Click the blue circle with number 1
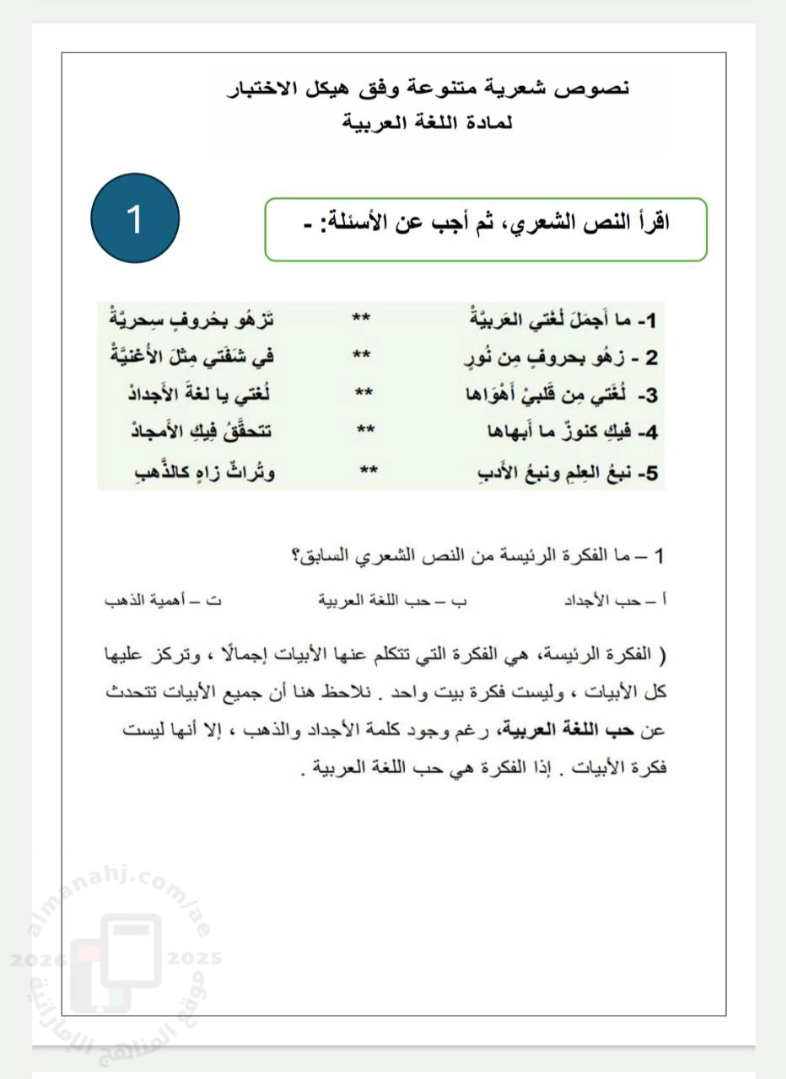tap(135, 218)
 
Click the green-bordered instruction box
tap(486, 229)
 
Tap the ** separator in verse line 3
tap(364, 394)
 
